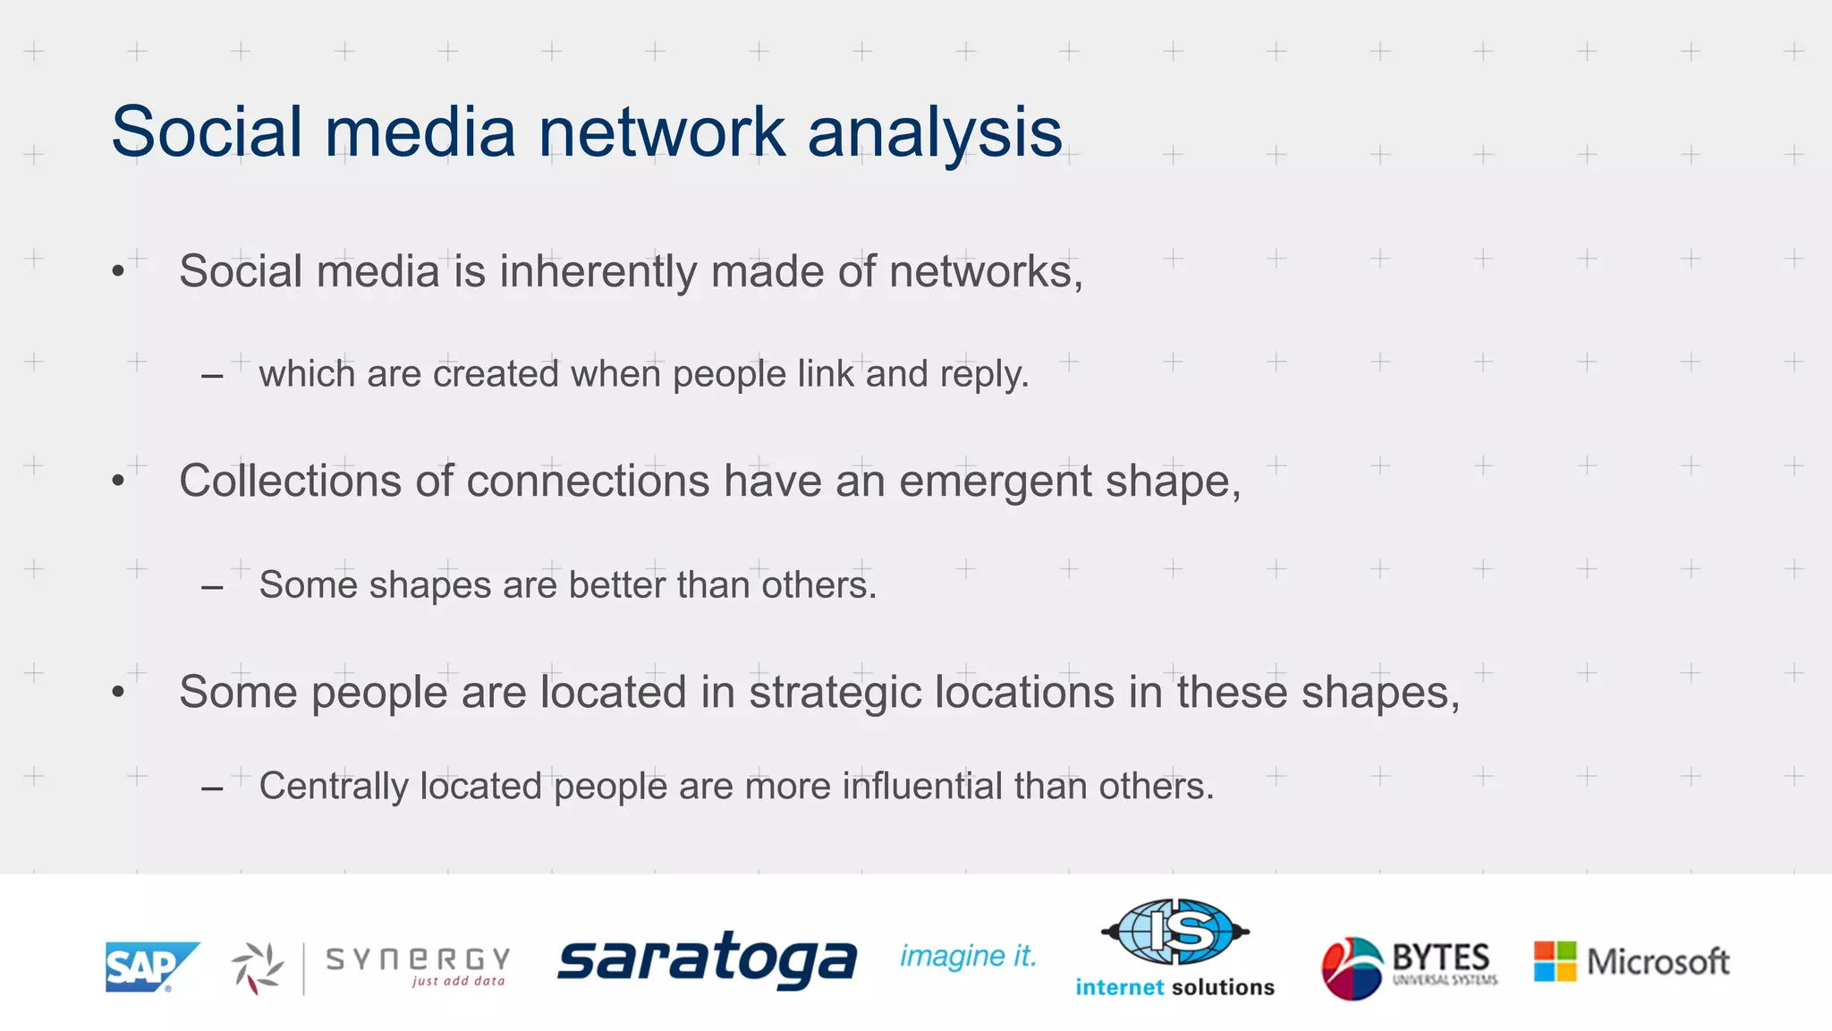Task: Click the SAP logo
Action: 150,967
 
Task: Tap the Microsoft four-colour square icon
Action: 1555,961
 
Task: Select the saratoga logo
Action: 707,959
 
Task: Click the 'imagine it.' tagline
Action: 968,956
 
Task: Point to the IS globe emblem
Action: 1175,932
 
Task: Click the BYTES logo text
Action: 1441,958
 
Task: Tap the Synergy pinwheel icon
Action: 258,967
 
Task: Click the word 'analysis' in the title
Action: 935,132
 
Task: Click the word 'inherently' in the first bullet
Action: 598,271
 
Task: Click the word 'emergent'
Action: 995,482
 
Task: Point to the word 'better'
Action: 617,585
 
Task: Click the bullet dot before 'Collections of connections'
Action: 118,481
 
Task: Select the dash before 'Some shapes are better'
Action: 212,588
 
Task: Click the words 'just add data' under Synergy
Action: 458,982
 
